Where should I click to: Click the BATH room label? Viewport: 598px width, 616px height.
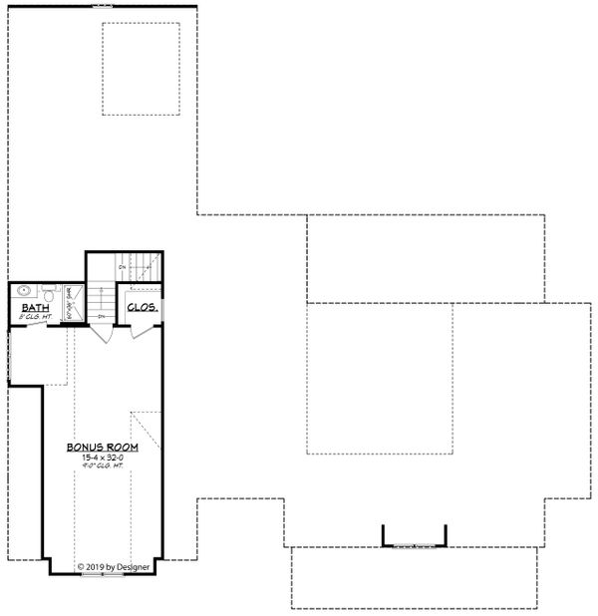pyautogui.click(x=36, y=309)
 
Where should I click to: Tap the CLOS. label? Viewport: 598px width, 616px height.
pyautogui.click(x=142, y=308)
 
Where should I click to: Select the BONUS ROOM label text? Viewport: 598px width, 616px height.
pyautogui.click(x=103, y=448)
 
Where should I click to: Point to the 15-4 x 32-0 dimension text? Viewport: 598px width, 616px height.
pyautogui.click(x=103, y=459)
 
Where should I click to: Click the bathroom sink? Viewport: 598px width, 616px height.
pyautogui.click(x=24, y=292)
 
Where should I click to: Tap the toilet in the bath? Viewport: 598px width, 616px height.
pyautogui.click(x=47, y=293)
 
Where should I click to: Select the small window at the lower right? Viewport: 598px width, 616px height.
pyautogui.click(x=415, y=546)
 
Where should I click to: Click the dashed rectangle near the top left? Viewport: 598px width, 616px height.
pyautogui.click(x=141, y=68)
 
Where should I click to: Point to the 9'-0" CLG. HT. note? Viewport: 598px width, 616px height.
pyautogui.click(x=103, y=468)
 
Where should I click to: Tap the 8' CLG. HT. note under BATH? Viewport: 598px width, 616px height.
pyautogui.click(x=37, y=318)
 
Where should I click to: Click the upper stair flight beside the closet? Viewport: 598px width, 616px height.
pyautogui.click(x=144, y=267)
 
